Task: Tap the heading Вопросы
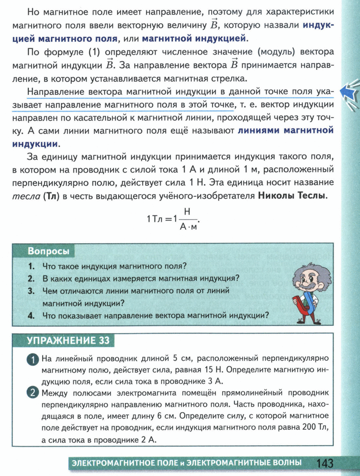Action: point(49,250)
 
